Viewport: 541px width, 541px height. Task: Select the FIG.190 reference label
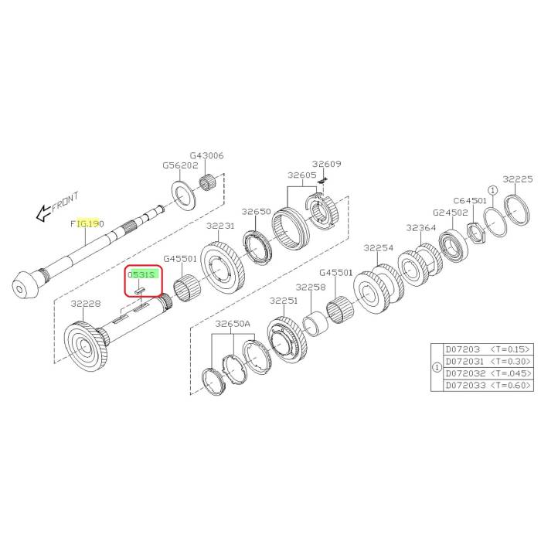point(87,223)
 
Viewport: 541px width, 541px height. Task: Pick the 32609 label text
point(326,164)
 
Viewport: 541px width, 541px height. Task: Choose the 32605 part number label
point(302,175)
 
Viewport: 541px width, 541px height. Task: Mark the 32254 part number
point(379,248)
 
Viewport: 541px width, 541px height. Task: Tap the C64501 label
point(470,199)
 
